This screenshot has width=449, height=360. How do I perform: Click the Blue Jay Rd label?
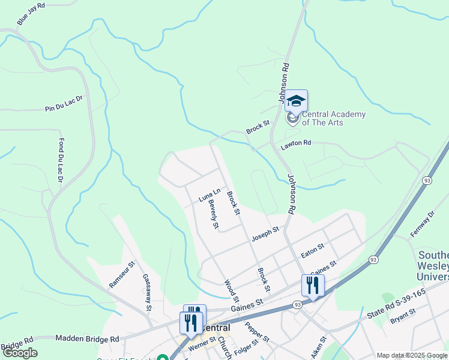click(x=31, y=14)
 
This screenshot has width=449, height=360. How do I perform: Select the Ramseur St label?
click(x=123, y=274)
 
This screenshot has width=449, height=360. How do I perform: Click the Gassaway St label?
click(x=147, y=292)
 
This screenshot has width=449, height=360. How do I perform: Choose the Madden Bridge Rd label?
click(x=87, y=338)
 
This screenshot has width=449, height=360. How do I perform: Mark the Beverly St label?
click(x=213, y=214)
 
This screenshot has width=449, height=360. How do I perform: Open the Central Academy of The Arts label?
click(x=333, y=118)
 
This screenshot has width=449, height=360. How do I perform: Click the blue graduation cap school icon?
click(x=296, y=101)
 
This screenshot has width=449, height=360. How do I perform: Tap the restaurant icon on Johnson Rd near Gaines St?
click(x=312, y=284)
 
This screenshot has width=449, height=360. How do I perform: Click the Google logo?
click(x=20, y=353)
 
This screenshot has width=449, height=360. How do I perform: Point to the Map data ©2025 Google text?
click(x=412, y=355)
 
